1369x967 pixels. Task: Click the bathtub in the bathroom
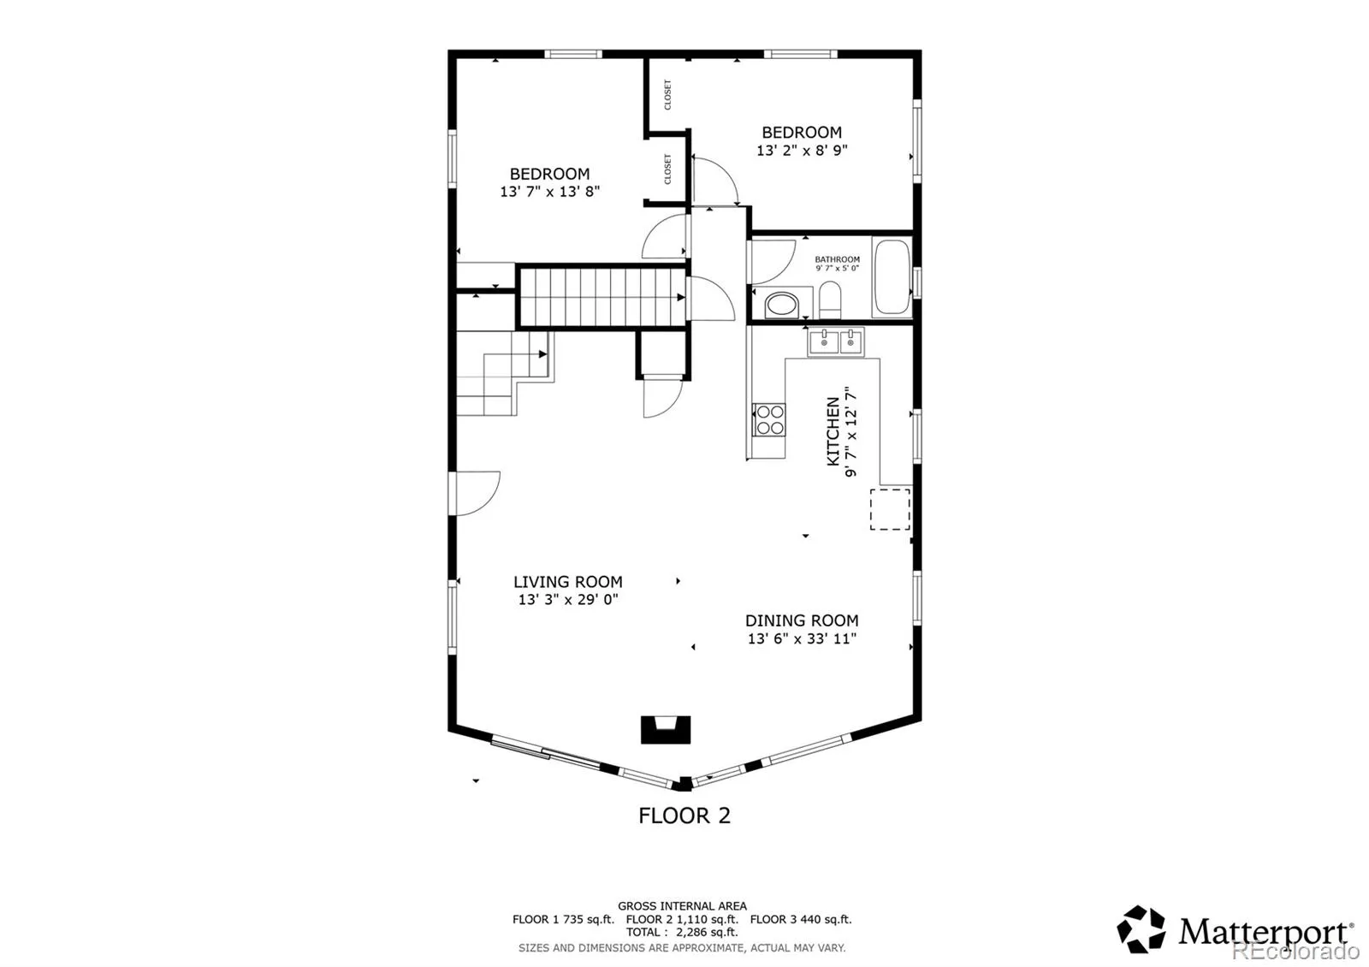point(892,277)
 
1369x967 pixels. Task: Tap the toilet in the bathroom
point(829,300)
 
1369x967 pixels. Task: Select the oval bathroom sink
point(782,305)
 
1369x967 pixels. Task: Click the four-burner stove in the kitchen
point(769,419)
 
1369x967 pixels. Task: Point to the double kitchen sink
point(836,342)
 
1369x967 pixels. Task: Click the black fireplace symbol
point(666,729)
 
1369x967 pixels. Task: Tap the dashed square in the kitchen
point(890,509)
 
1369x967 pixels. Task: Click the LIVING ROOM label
point(568,582)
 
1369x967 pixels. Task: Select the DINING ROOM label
point(802,620)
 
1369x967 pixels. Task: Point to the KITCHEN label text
point(833,431)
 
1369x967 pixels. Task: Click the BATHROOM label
point(837,259)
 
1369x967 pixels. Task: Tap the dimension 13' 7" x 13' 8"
point(549,192)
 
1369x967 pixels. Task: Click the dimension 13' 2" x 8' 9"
point(802,151)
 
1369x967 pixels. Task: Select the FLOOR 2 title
point(684,816)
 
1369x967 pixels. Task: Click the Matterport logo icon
point(1141,929)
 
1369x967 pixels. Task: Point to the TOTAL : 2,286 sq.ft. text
point(682,932)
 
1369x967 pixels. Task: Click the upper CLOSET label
point(667,95)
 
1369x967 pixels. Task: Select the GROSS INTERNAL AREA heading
point(682,906)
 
